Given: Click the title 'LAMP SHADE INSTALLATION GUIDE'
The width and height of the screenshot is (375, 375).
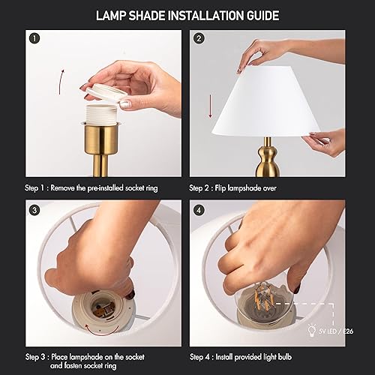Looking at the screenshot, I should [x=187, y=14].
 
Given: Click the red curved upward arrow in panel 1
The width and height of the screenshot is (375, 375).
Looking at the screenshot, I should [x=61, y=78].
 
